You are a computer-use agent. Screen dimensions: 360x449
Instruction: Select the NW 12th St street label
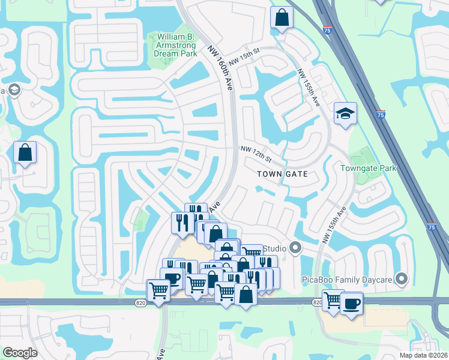coord(256,154)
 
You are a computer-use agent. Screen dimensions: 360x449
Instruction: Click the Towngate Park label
coord(369,168)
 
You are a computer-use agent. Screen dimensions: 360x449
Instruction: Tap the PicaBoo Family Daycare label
coord(347,279)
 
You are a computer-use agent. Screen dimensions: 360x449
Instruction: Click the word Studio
coord(274,248)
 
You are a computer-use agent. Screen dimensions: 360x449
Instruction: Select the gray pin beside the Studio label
coord(295,247)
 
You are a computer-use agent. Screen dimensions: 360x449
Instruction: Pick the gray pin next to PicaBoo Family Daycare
coord(402,279)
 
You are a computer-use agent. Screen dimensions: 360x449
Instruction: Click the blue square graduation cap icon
coord(345,113)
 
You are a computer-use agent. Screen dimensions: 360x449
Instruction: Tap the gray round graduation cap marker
coord(14,90)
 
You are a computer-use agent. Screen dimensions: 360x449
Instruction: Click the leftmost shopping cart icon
coord(158,290)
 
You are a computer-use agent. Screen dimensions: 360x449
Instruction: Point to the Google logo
coord(20,353)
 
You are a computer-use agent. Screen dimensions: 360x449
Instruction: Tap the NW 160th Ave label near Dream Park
coord(221,67)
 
